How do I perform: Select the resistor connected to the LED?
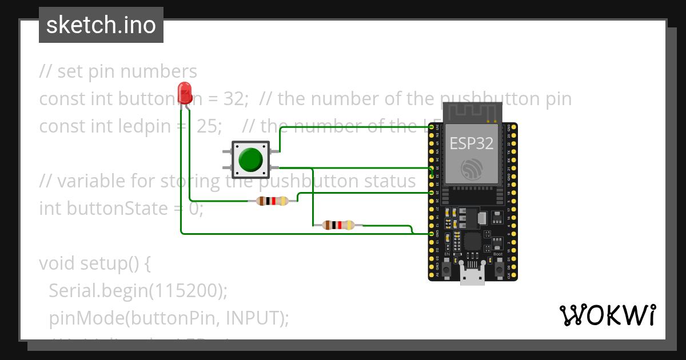click(x=273, y=201)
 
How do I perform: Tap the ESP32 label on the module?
click(x=471, y=142)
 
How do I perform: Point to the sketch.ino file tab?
click(x=101, y=25)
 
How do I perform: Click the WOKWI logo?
click(x=607, y=315)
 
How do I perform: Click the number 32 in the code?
click(x=234, y=99)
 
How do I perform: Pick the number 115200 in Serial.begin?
click(x=186, y=291)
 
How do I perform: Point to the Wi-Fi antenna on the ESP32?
click(x=472, y=112)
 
